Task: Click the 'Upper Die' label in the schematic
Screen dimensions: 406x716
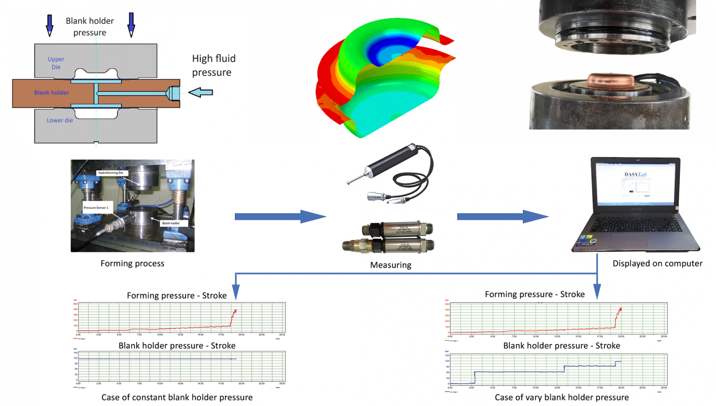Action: pyautogui.click(x=56, y=63)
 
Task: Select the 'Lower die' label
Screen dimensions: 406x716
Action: pyautogui.click(x=60, y=120)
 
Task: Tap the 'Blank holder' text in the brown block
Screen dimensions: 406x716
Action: pyautogui.click(x=52, y=92)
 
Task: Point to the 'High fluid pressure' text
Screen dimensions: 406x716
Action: pyautogui.click(x=213, y=65)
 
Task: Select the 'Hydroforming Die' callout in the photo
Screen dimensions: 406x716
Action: pyautogui.click(x=111, y=173)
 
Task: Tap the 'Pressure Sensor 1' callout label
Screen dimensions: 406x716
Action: pyautogui.click(x=96, y=208)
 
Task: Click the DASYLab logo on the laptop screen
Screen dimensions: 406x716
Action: pyautogui.click(x=635, y=174)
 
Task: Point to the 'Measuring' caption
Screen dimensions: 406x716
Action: pyautogui.click(x=390, y=265)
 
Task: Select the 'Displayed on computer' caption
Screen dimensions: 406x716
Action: pyautogui.click(x=657, y=264)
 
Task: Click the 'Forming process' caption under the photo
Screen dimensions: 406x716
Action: pyautogui.click(x=132, y=264)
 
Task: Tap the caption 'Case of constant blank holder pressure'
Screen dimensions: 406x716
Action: pyautogui.click(x=177, y=397)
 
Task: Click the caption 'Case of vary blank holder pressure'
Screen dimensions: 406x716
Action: pyautogui.click(x=561, y=397)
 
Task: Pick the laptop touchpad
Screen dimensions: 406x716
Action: pyautogui.click(x=628, y=240)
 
